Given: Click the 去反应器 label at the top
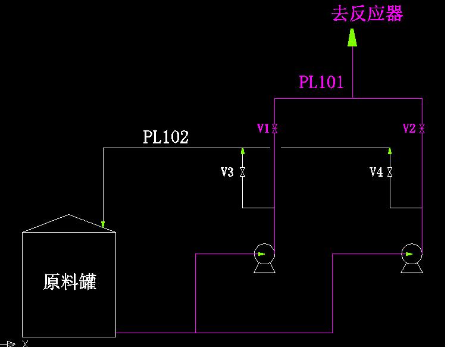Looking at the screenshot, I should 367,14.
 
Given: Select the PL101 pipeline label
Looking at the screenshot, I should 321,82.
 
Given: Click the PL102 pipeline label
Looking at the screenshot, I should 165,137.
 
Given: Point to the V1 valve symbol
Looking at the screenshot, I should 275,128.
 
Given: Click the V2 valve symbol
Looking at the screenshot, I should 422,128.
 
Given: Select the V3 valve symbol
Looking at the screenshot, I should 242,172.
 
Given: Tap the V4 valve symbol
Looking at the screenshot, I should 390,172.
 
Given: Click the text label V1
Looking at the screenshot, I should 263,128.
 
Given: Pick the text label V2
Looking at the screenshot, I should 409,128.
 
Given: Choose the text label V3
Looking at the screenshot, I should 227,172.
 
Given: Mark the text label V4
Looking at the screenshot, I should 376,172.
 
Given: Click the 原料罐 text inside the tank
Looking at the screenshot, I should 70,281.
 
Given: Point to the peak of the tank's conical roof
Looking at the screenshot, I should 69,215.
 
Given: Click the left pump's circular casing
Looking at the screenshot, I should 264,254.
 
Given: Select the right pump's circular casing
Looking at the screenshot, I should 411,254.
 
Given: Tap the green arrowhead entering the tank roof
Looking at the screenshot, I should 103,224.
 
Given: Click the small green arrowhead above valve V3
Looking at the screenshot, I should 242,151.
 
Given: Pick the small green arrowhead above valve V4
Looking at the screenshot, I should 390,151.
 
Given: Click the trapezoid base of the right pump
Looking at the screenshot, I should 411,268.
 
